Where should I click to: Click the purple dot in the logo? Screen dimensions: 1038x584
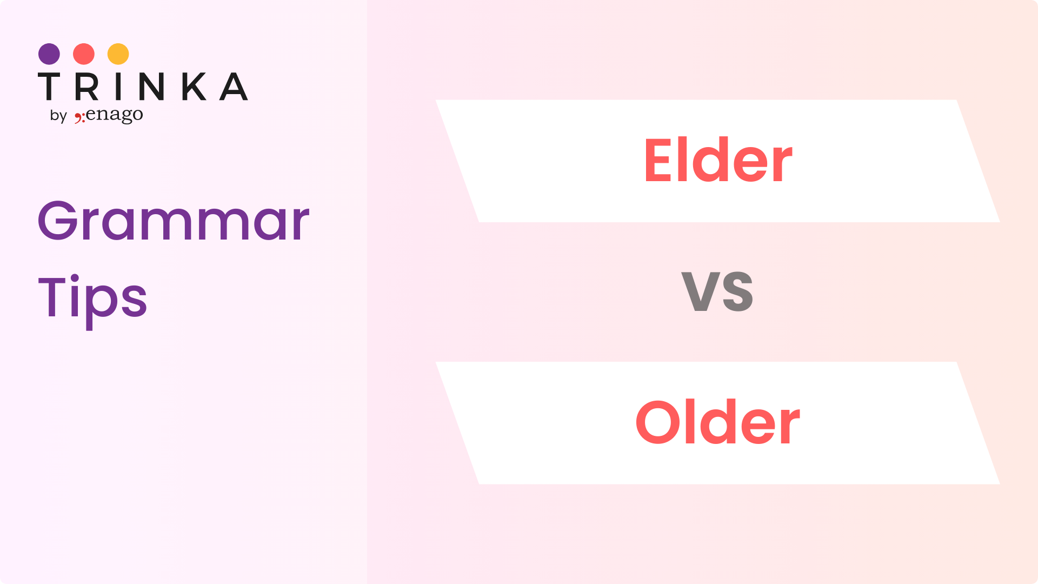49,54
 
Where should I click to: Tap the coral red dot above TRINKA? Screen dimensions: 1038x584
84,54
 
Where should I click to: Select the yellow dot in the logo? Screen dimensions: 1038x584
118,54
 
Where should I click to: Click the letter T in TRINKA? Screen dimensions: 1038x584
49,87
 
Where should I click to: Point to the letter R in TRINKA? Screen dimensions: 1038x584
86,87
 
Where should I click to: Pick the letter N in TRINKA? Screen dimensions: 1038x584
151,87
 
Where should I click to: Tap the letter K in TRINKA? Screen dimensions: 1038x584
194,87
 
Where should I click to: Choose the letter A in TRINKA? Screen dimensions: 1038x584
234,87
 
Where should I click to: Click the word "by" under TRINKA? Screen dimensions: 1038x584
58,116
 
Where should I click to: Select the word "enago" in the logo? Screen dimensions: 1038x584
115,115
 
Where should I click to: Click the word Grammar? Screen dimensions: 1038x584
174,221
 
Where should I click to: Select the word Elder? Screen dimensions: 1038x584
718,161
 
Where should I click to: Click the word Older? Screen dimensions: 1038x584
718,422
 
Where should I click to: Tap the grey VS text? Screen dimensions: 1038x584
717,291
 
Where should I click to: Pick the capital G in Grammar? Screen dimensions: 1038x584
58,221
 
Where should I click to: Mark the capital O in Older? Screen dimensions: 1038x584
660,422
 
